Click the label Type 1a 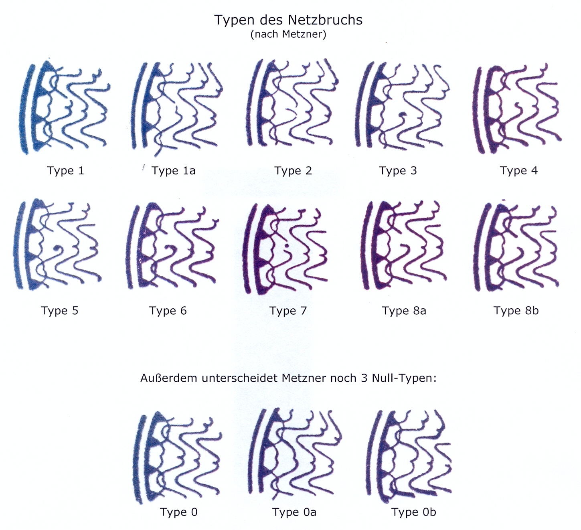[x=174, y=171]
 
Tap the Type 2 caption [x=293, y=171]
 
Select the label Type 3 [x=398, y=171]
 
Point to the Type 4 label [x=518, y=171]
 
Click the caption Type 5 [x=59, y=311]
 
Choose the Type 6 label [x=168, y=311]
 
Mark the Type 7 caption [x=288, y=311]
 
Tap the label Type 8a [x=404, y=311]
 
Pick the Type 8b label [x=516, y=311]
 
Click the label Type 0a [x=294, y=512]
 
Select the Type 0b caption [x=414, y=512]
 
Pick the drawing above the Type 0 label [x=178, y=457]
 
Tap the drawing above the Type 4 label [x=517, y=108]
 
